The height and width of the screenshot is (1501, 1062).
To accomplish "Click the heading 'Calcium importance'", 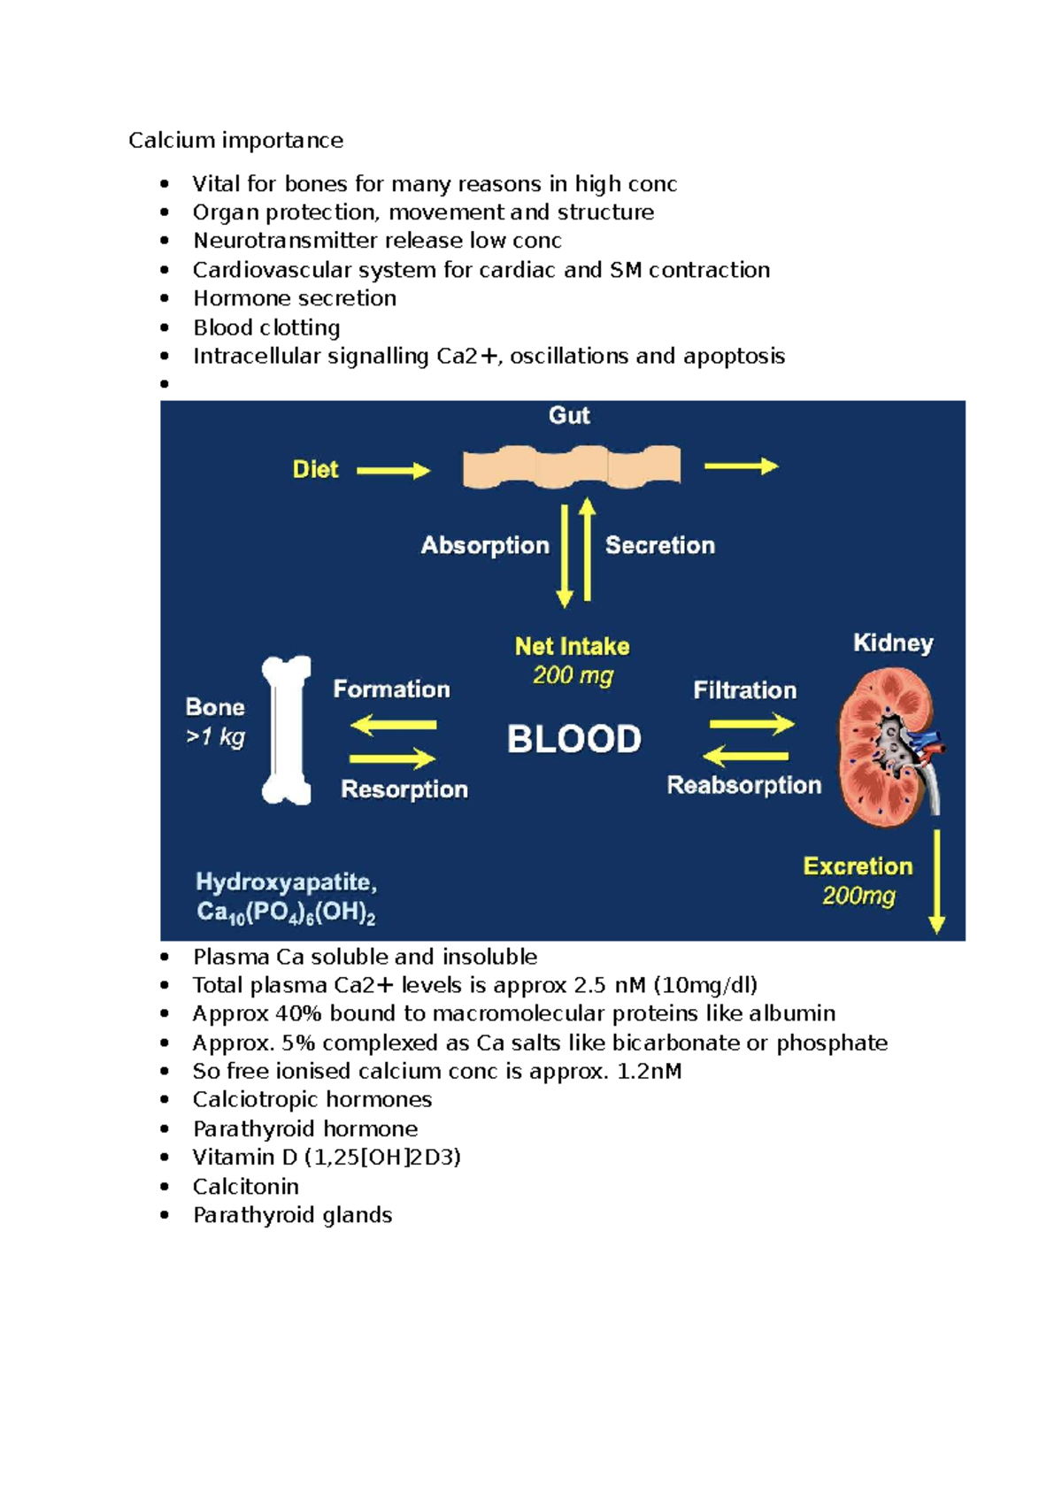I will coord(235,141).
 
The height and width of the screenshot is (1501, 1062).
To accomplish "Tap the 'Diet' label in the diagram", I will coord(315,469).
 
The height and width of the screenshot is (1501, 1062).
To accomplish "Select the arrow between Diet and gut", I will coord(392,471).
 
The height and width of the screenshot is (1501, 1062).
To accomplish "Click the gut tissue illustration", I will coord(572,467).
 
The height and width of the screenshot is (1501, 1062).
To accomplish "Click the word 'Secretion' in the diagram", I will coord(659,545).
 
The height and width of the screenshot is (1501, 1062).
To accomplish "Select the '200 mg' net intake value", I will coord(573,676).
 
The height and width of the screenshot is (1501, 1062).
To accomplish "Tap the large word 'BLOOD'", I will coord(573,739).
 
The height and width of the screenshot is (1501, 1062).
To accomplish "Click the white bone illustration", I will coord(287,730).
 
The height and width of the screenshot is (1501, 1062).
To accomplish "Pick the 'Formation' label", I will coord(391,689).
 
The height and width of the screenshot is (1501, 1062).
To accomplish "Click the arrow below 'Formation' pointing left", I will coord(393,725).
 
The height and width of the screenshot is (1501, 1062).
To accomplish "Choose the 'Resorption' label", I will coord(404,789).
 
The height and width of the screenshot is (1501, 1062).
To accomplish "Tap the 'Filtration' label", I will coord(744,690).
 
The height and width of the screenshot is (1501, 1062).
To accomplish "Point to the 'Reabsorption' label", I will coord(743,785).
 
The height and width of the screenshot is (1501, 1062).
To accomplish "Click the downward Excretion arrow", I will coord(936,881).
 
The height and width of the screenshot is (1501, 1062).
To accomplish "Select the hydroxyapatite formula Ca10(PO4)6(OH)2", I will coord(286,912).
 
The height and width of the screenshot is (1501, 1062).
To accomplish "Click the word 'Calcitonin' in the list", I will coord(246,1186).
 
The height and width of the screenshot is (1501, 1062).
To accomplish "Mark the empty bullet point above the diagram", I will coord(165,384).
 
